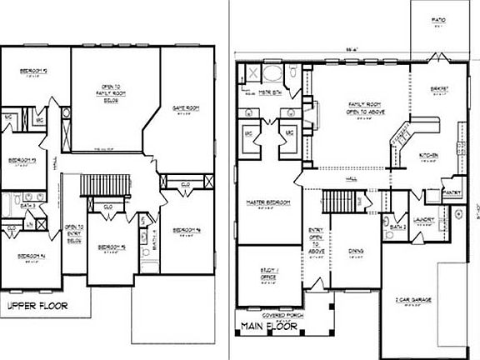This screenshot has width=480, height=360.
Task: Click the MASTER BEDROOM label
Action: point(267,206)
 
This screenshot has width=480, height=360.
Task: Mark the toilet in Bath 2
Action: point(390,234)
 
